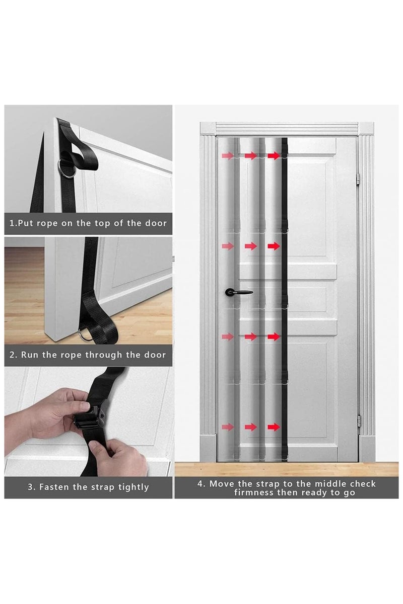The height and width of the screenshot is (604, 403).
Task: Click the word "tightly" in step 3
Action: tap(133, 487)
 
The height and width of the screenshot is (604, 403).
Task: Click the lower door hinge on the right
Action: tap(359, 421)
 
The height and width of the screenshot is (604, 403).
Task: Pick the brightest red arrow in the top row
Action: tap(274, 155)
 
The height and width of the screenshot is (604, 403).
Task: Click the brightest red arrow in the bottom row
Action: tap(274, 427)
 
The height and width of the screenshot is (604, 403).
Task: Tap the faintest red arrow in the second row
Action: tap(228, 246)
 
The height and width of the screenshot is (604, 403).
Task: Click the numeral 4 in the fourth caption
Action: tap(200, 483)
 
